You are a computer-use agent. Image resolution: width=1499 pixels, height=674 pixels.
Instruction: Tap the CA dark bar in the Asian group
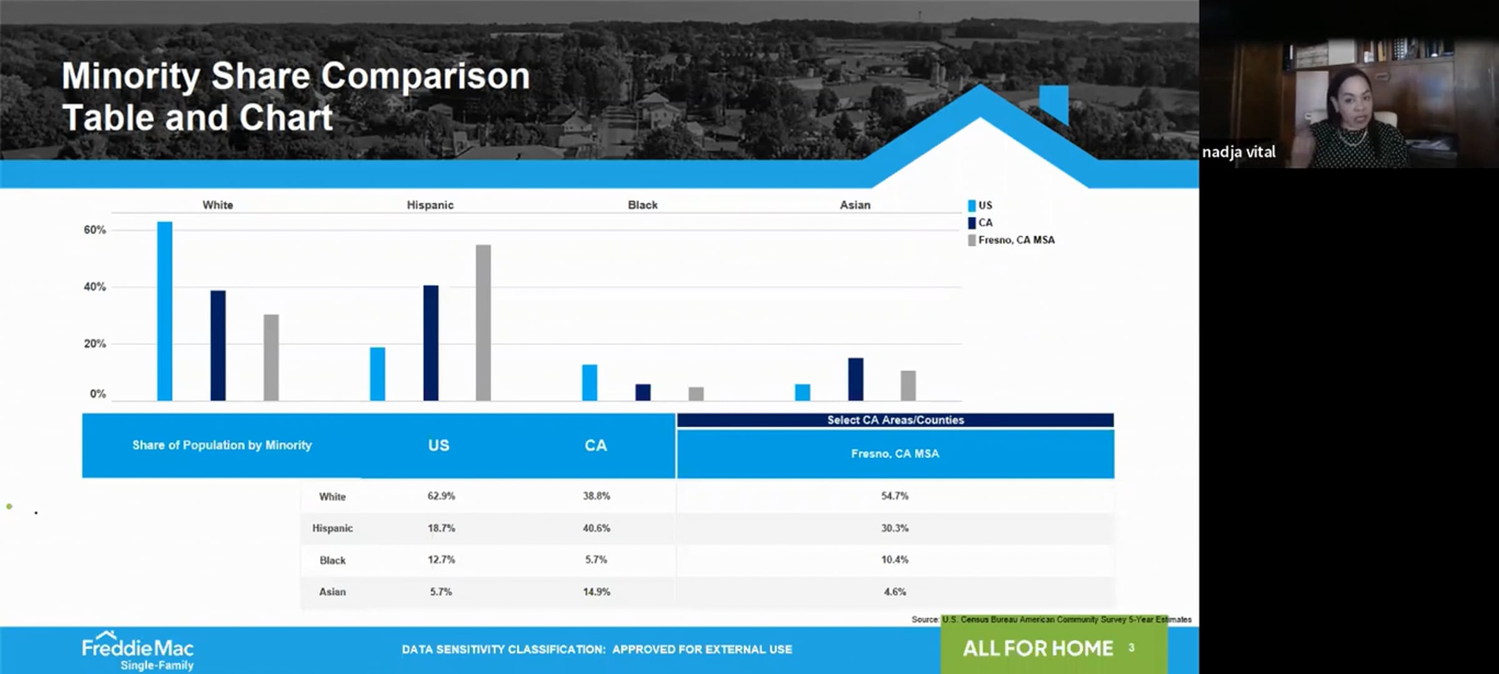855,379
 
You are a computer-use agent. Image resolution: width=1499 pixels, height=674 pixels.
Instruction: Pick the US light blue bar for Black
589,382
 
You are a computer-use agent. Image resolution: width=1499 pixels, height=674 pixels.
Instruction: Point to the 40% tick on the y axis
95,287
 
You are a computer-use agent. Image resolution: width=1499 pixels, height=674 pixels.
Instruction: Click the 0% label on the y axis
98,394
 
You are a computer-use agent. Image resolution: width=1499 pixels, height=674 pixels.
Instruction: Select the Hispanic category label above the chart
430,205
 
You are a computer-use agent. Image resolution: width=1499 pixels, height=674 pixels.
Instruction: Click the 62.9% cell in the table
441,496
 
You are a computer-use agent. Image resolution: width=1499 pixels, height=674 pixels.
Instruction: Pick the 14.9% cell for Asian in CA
596,592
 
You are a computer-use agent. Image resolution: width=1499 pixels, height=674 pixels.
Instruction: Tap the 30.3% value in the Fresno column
894,528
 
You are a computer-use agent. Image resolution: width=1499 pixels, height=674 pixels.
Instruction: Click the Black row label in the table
332,560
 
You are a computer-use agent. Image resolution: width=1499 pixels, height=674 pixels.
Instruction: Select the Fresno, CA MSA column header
894,453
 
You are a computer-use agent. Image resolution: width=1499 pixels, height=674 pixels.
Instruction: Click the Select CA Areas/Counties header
895,420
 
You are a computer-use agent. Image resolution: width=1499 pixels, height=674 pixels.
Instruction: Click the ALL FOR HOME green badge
1053,648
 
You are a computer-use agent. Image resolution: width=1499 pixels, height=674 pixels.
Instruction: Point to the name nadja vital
1239,152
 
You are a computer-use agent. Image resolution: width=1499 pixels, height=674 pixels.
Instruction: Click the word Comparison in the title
425,76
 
